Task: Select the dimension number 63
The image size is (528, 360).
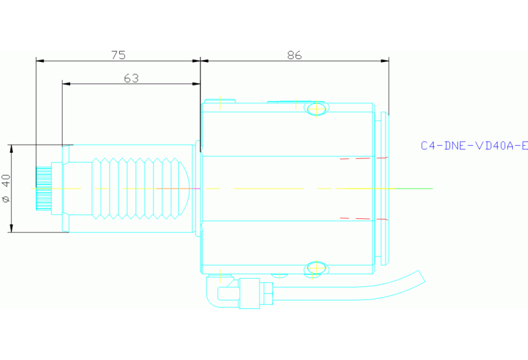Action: coord(131,78)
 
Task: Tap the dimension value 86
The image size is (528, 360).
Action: coord(294,55)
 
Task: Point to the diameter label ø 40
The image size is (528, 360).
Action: coord(7,188)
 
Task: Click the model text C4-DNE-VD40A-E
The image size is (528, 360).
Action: coord(474,145)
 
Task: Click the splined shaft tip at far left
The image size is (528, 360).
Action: coord(42,187)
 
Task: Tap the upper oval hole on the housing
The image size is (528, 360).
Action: coord(316,108)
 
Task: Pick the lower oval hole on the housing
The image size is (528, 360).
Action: coord(316,267)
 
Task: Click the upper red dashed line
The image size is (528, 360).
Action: coord(363,158)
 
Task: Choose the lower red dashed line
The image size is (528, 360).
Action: coord(363,219)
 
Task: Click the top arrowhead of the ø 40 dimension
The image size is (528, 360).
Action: coord(12,149)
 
